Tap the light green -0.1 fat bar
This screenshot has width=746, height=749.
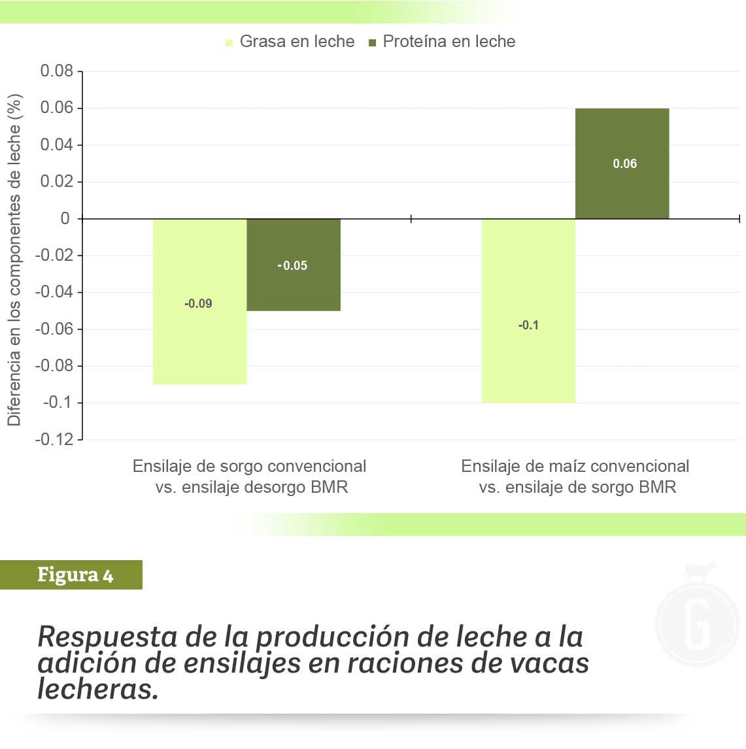click(x=528, y=366)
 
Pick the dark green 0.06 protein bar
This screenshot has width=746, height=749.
click(x=622, y=190)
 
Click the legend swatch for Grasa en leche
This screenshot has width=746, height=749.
click(x=229, y=43)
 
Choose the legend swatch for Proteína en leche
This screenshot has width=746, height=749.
click(x=373, y=43)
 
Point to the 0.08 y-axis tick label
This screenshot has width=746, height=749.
click(x=57, y=71)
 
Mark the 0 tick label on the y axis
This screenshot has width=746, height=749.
click(x=65, y=218)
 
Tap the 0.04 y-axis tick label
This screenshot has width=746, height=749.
click(x=57, y=144)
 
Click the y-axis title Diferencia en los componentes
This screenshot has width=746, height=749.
click(x=14, y=260)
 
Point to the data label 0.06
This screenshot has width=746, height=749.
click(x=624, y=164)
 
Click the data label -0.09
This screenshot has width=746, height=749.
click(x=198, y=303)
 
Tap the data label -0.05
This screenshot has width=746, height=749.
click(x=292, y=265)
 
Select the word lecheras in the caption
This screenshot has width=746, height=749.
click(x=98, y=689)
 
